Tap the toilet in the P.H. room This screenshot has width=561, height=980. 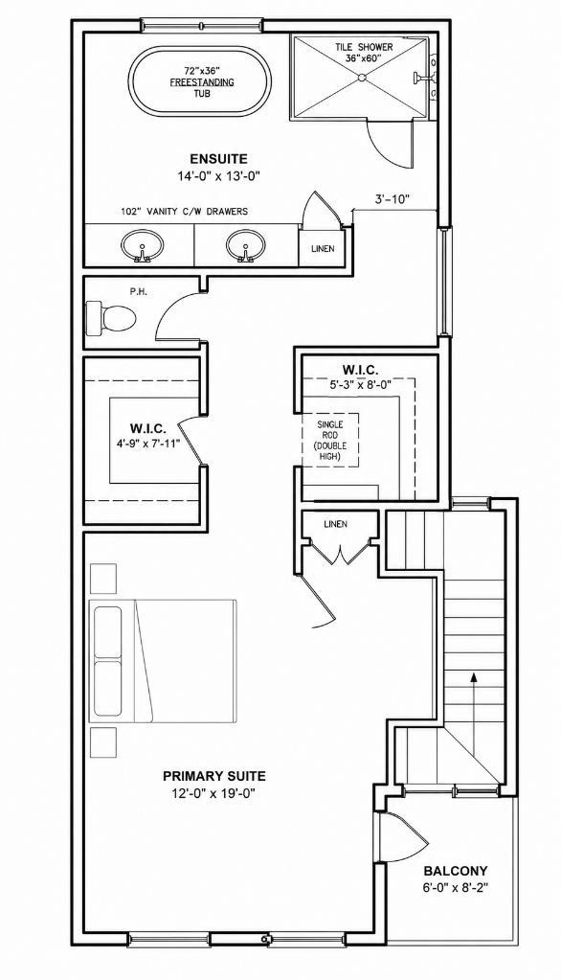[111, 318]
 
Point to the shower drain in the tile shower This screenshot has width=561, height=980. [361, 78]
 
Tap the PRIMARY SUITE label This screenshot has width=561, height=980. [214, 776]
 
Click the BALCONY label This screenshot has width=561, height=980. [456, 871]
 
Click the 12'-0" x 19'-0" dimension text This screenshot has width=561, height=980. [214, 793]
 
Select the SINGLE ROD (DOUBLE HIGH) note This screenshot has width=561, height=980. [330, 440]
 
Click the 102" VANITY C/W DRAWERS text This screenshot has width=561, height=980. [185, 212]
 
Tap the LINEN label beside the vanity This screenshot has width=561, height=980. [323, 249]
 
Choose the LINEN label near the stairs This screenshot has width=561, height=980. [335, 524]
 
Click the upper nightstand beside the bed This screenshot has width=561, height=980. [103, 578]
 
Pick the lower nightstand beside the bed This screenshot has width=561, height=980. [103, 741]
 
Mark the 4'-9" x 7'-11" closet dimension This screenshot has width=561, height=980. [148, 445]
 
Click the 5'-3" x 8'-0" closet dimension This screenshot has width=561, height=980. [360, 386]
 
